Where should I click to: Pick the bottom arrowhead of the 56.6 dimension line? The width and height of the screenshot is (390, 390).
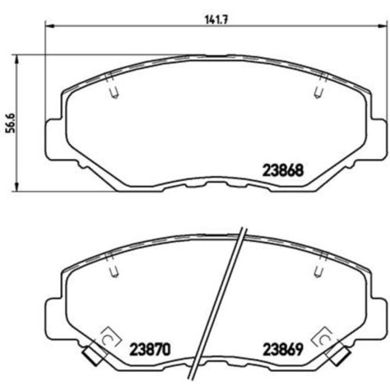[x=16, y=188]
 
